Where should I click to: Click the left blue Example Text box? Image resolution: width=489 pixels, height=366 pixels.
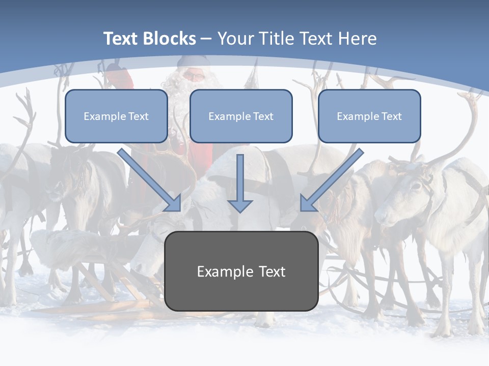coord(116,116)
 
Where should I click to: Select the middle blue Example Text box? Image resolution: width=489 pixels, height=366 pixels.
coord(241,116)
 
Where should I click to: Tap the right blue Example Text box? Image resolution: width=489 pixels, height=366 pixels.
coord(369,116)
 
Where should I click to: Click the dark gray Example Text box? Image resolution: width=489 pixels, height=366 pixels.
coord(241,271)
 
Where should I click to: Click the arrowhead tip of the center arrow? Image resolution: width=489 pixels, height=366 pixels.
coord(240,210)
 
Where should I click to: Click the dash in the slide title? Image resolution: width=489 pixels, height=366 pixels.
coord(206,39)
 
